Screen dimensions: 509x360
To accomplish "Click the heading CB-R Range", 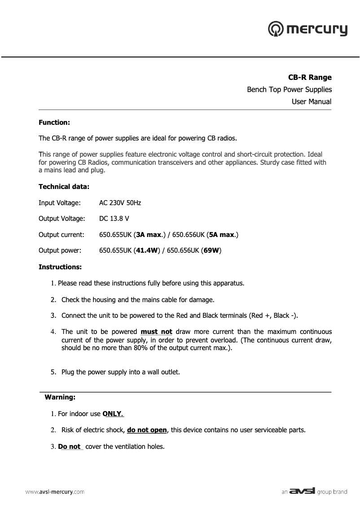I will pos(310,78).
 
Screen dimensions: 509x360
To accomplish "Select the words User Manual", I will pos(312,102).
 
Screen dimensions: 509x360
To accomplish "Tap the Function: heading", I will pos(54,122).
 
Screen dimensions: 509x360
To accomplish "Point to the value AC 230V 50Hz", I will pos(120,203).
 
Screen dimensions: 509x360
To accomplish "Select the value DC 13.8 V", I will pos(114,219).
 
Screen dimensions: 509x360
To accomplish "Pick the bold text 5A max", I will pos(222,234).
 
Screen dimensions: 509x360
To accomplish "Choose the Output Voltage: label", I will pos(61,219).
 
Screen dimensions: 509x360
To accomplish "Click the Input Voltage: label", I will pos(59,203).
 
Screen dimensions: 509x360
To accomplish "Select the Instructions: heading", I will pos(60,267).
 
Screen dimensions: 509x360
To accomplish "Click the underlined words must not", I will pos(156,332).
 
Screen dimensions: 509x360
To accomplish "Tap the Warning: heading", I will pos(60,397).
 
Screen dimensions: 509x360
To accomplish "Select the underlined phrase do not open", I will pos(147,430).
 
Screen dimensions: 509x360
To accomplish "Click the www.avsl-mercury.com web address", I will pos(54,492).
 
